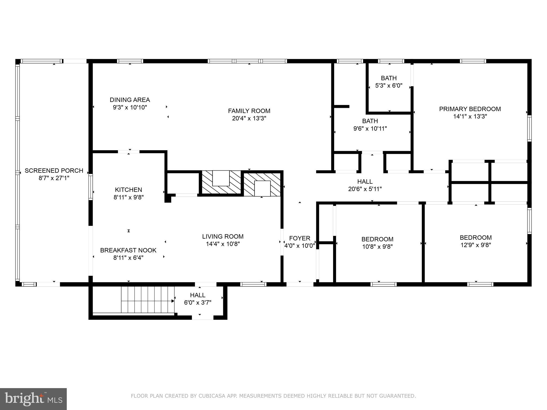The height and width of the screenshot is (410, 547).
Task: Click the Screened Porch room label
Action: (x=54, y=171)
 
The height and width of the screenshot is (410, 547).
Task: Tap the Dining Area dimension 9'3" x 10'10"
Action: (x=130, y=107)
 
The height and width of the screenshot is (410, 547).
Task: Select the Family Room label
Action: (x=249, y=111)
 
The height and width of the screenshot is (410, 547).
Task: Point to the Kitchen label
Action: (x=128, y=190)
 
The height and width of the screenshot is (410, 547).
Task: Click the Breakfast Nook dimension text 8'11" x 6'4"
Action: (x=128, y=258)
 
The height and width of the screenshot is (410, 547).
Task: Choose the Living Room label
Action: (x=223, y=236)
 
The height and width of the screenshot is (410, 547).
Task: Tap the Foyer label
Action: (x=300, y=238)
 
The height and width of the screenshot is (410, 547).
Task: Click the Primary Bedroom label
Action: (x=470, y=109)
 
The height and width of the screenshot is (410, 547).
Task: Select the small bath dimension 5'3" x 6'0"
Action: (x=389, y=86)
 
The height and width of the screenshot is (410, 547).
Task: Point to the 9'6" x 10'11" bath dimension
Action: (x=370, y=129)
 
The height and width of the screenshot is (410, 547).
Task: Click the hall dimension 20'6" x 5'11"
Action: (x=365, y=189)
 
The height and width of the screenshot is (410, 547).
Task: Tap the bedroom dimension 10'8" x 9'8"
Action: (x=377, y=247)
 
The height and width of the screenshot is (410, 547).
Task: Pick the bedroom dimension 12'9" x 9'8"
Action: (x=476, y=245)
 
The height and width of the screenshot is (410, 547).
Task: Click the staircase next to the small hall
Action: (x=148, y=299)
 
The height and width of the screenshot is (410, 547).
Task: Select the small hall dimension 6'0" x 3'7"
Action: (x=198, y=303)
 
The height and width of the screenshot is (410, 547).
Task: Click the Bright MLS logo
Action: (x=33, y=399)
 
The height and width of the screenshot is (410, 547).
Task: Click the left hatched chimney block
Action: (x=221, y=182)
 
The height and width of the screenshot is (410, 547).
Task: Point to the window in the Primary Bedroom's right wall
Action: (x=529, y=128)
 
